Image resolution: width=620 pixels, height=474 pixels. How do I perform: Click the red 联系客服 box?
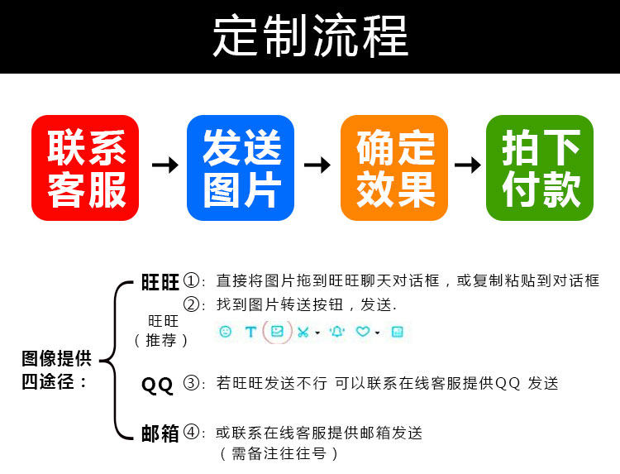[85, 168]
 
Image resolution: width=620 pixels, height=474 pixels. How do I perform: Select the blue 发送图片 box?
[241, 168]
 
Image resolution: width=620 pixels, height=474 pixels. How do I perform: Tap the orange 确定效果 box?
[394, 168]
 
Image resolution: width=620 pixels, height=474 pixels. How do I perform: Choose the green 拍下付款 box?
[540, 168]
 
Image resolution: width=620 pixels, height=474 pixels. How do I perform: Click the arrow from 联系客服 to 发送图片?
[165, 165]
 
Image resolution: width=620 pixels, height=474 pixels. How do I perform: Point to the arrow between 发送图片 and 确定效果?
[317, 165]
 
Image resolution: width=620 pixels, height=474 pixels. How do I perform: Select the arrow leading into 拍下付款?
[468, 165]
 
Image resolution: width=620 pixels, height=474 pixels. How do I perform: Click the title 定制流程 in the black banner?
[310, 36]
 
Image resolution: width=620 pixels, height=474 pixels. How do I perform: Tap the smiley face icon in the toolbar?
[225, 332]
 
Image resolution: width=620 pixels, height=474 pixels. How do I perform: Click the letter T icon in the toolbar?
[250, 332]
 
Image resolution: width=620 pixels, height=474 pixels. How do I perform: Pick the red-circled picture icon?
[278, 332]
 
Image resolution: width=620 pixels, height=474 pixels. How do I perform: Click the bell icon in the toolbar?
[336, 332]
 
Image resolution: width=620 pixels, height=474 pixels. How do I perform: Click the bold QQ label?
[157, 384]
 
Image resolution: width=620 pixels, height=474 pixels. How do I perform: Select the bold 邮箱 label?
[160, 433]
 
